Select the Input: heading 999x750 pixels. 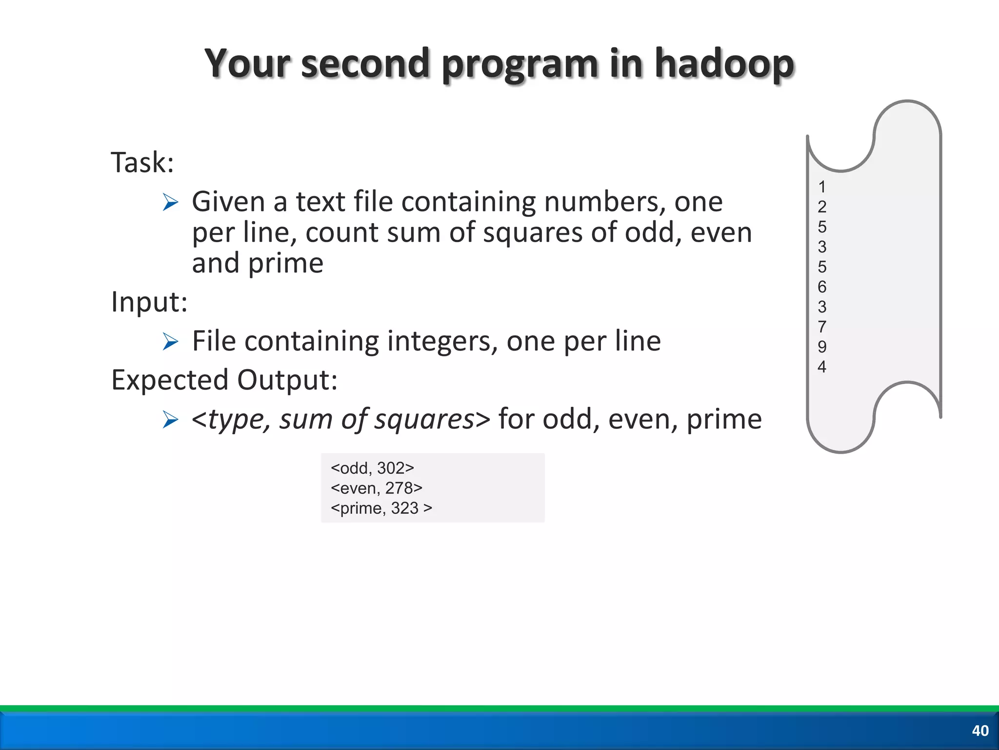[149, 302]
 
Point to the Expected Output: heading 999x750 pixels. [224, 380]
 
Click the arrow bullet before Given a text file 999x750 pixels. [170, 202]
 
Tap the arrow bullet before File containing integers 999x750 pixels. [170, 342]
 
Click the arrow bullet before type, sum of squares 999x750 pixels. [170, 419]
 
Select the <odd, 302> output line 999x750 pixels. [372, 468]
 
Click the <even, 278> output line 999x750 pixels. [376, 488]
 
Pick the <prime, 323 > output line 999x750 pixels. [381, 508]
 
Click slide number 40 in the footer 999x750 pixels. [980, 730]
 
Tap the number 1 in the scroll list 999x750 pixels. [822, 187]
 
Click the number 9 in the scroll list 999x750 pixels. [822, 347]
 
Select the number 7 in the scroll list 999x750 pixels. [822, 327]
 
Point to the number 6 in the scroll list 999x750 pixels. [822, 287]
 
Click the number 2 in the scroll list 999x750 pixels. [822, 207]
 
